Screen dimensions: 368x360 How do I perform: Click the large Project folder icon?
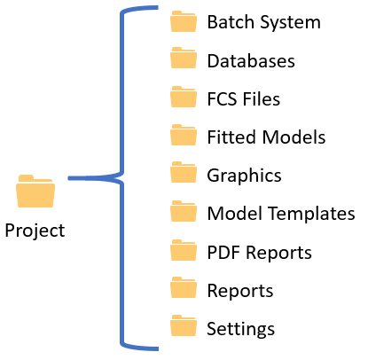pos(35,191)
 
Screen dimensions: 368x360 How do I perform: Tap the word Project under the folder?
pos(35,231)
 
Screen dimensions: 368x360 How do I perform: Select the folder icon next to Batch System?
pos(184,21)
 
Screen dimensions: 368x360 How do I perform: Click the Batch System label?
pos(263,22)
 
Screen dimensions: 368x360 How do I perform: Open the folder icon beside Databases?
pos(184,58)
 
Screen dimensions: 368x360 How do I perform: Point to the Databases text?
pos(251,61)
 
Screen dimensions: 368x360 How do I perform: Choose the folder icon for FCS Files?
pos(184,97)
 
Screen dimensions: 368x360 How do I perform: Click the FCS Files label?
pos(244,98)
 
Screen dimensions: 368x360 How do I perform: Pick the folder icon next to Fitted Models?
pos(184,135)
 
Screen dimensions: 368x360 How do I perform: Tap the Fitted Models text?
pos(266,137)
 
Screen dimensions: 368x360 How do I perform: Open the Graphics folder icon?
pos(184,172)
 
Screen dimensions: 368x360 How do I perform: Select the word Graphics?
pos(244,176)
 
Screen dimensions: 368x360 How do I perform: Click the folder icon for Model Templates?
pos(184,211)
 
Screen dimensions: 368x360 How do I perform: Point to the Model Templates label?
pos(281,214)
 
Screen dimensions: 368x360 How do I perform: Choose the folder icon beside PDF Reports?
pos(184,250)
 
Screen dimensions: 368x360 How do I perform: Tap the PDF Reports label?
pos(260,254)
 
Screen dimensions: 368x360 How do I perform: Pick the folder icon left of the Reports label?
pos(184,287)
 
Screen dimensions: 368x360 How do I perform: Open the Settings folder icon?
pos(184,325)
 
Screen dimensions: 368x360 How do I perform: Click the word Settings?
pos(240,329)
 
